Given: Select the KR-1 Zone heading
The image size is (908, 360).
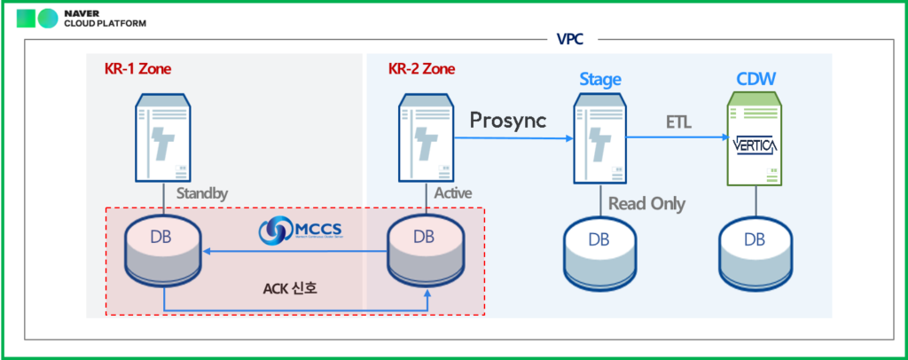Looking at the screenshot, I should [x=133, y=68].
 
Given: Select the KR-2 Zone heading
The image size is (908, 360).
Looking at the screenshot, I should [x=422, y=68].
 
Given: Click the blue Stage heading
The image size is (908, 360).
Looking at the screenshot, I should [x=600, y=80].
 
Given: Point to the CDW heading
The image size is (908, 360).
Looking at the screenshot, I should [x=756, y=80].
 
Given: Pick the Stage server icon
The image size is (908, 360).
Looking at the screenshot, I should [x=601, y=137].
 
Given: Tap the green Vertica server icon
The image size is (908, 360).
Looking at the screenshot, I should [x=755, y=140].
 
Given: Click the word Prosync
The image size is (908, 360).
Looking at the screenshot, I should [x=508, y=120].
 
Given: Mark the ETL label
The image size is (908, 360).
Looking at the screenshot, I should [x=679, y=121].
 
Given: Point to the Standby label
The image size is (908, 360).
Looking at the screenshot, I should [x=200, y=192].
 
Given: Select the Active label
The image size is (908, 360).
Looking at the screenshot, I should [x=453, y=192].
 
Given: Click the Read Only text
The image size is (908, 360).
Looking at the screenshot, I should [x=646, y=204].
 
